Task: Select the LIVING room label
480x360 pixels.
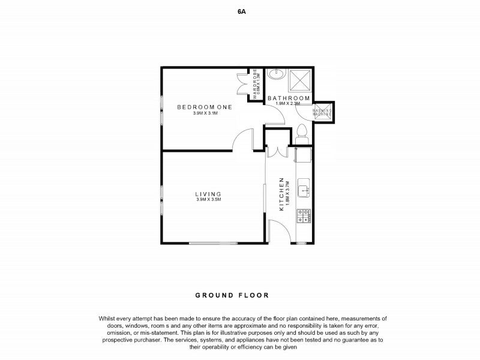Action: coord(208,194)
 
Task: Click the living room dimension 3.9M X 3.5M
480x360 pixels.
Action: coord(208,200)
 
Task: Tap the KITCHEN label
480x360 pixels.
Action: coord(280,194)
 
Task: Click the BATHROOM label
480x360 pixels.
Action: coord(289,98)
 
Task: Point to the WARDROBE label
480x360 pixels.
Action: coord(255,83)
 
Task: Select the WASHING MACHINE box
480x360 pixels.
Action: coord(323,112)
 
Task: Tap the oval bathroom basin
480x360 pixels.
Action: coord(276,75)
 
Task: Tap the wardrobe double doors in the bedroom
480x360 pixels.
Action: coord(244,85)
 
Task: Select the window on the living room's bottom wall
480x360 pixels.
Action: coord(208,243)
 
